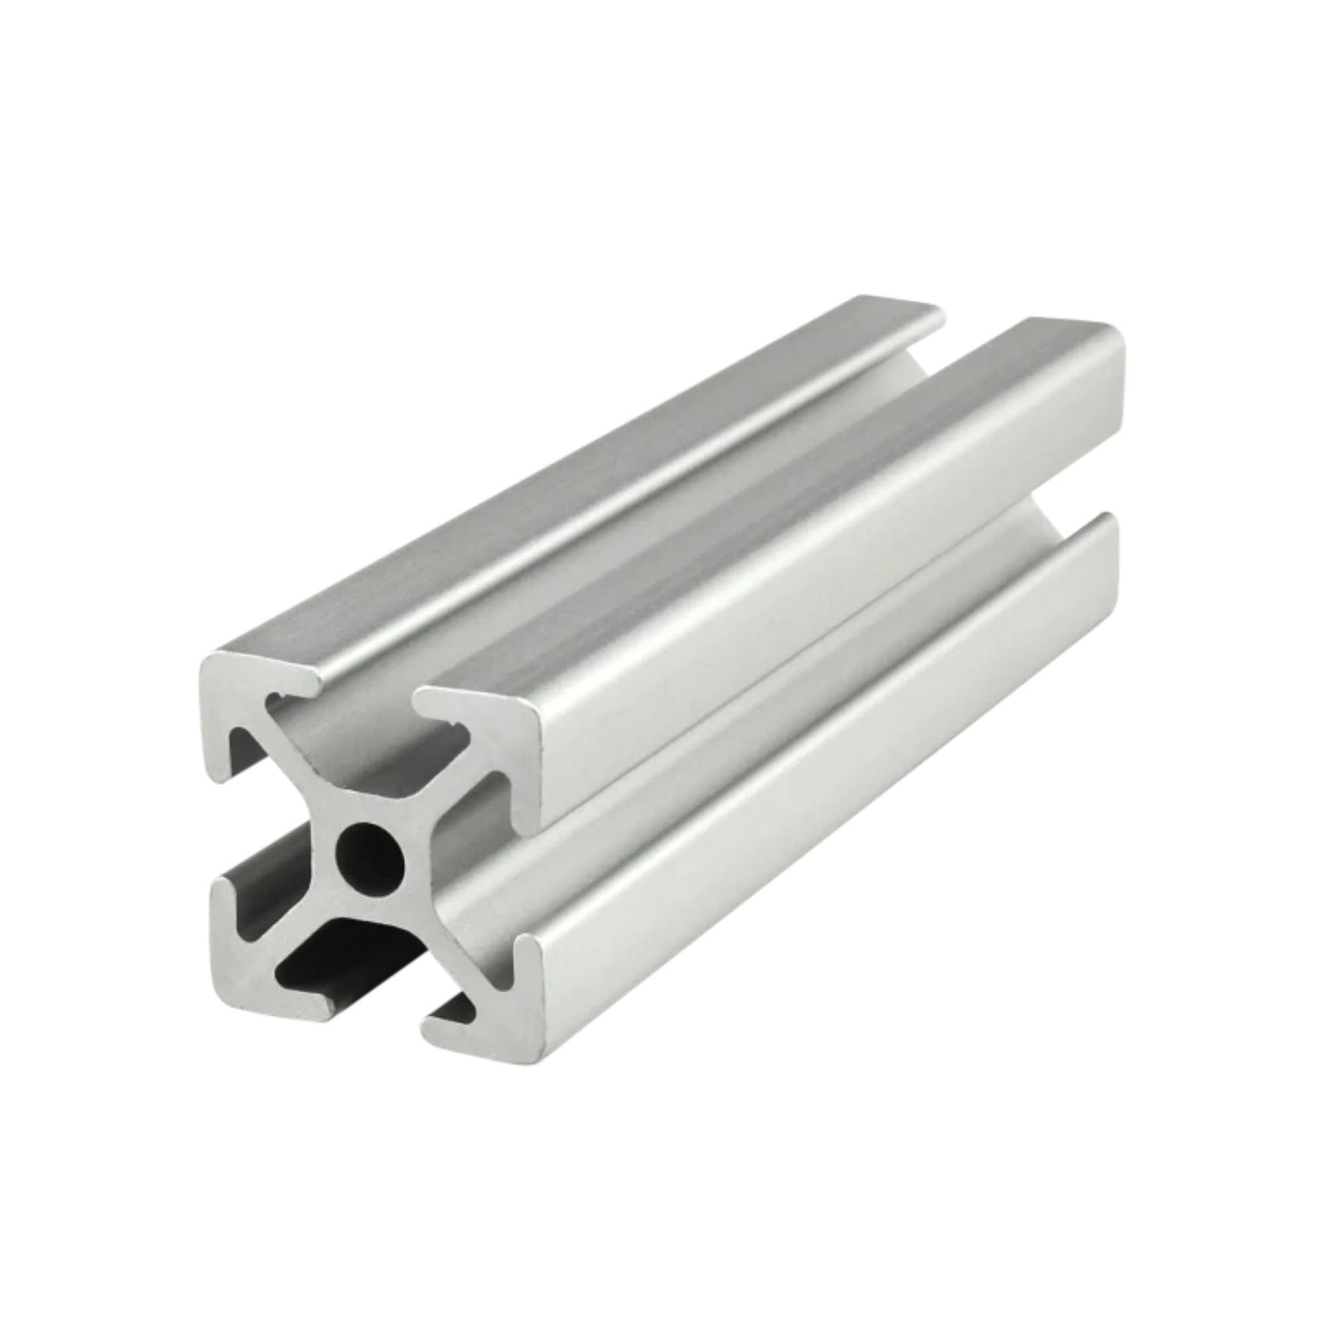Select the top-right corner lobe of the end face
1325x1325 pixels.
coord(497,742)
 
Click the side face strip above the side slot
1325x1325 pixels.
coord(828,580)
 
